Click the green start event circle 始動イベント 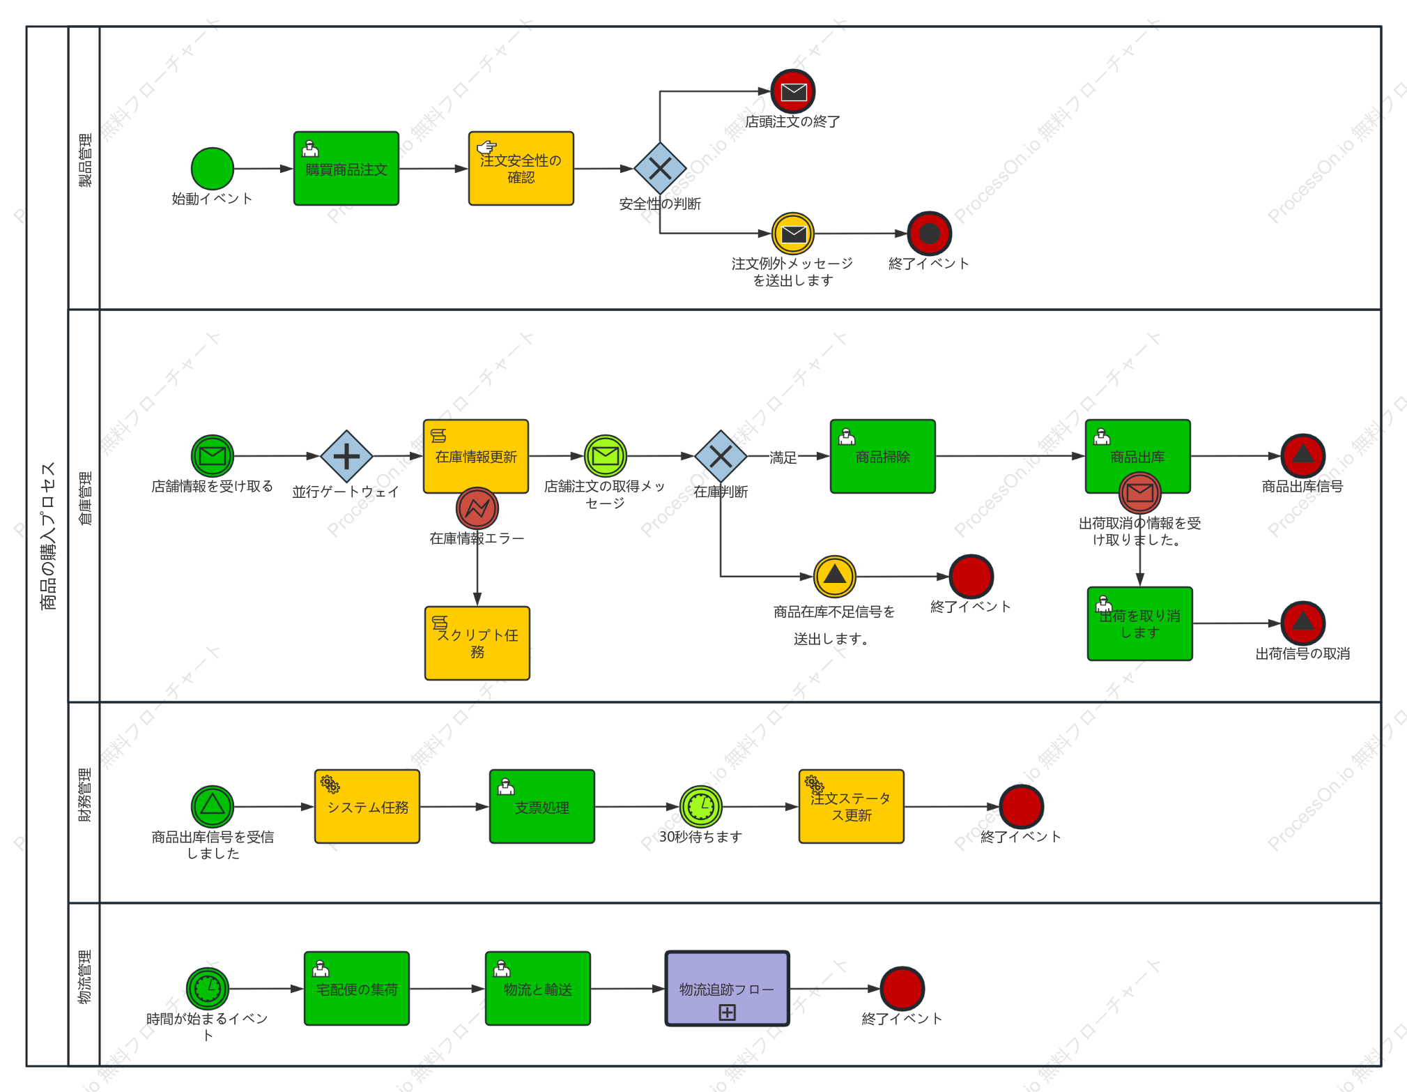(213, 169)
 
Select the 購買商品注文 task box (346, 169)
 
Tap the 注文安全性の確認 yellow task (521, 169)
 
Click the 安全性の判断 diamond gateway (660, 169)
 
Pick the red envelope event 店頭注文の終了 (793, 91)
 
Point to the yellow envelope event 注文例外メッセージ (793, 234)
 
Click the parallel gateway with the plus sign (346, 456)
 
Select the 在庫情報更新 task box (476, 456)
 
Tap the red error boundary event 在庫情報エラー (477, 509)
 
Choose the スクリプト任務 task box (477, 643)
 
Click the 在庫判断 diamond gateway (721, 456)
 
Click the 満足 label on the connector (783, 457)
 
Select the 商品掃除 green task (883, 456)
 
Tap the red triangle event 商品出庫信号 (1303, 456)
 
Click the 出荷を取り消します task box (1140, 623)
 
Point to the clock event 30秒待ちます (701, 807)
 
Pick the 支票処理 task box (542, 807)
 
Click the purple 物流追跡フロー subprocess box (728, 989)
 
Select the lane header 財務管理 (84, 795)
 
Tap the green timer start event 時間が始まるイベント (208, 989)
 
